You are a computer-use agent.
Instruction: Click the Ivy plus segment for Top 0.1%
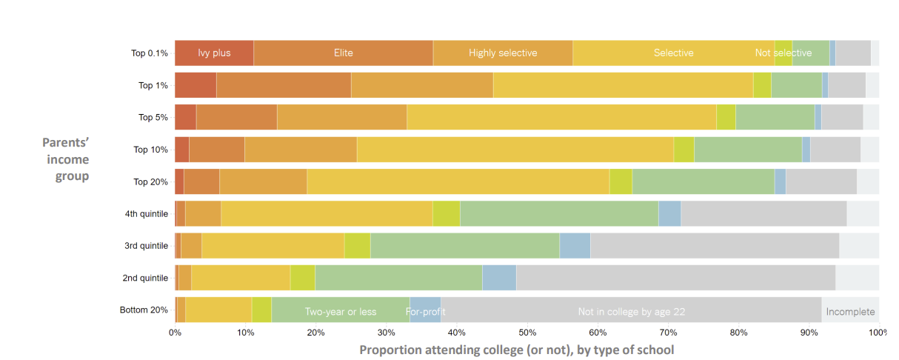click(214, 53)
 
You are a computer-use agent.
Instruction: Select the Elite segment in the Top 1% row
click(284, 85)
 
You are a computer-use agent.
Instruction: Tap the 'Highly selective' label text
click(503, 53)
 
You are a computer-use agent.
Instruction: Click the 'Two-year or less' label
click(341, 312)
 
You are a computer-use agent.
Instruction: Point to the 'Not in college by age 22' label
click(631, 312)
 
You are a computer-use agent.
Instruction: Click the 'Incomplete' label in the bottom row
click(850, 312)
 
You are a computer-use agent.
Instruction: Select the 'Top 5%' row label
click(153, 118)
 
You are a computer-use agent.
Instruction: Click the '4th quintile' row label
click(147, 214)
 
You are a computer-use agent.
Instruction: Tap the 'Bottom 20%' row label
click(144, 310)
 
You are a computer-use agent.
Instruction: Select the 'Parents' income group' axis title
click(67, 159)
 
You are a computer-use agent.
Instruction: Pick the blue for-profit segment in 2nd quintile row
click(499, 278)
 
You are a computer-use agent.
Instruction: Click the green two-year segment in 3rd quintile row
click(464, 245)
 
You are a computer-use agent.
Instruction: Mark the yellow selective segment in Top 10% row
click(515, 150)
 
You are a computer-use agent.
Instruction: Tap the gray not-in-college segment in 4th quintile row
click(763, 213)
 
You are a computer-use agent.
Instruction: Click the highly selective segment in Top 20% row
click(263, 181)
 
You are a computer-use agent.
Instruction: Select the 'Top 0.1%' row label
click(150, 53)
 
